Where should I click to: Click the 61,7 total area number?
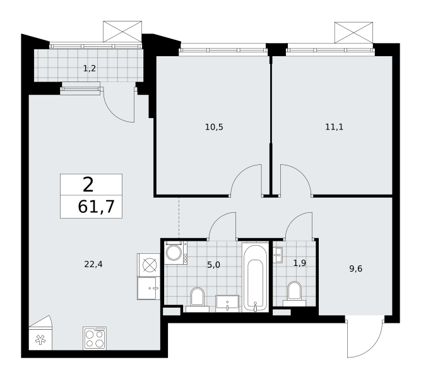96,207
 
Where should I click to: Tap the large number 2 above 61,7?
88,185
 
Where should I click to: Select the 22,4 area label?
93,265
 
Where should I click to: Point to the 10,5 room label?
214,127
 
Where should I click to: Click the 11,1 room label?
335,127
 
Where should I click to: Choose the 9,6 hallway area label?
356,268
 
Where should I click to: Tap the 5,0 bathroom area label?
213,265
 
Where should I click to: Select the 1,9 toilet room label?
300,263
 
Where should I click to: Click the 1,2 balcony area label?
90,69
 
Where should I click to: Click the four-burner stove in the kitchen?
95,338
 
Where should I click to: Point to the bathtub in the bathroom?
255,277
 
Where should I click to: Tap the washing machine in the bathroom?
176,253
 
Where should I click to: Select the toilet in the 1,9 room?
294,294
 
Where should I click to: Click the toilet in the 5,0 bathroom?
198,299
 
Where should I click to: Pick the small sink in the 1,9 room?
278,255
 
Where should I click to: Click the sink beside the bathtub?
227,304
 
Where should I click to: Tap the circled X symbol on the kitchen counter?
150,265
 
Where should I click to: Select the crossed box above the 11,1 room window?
353,32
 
